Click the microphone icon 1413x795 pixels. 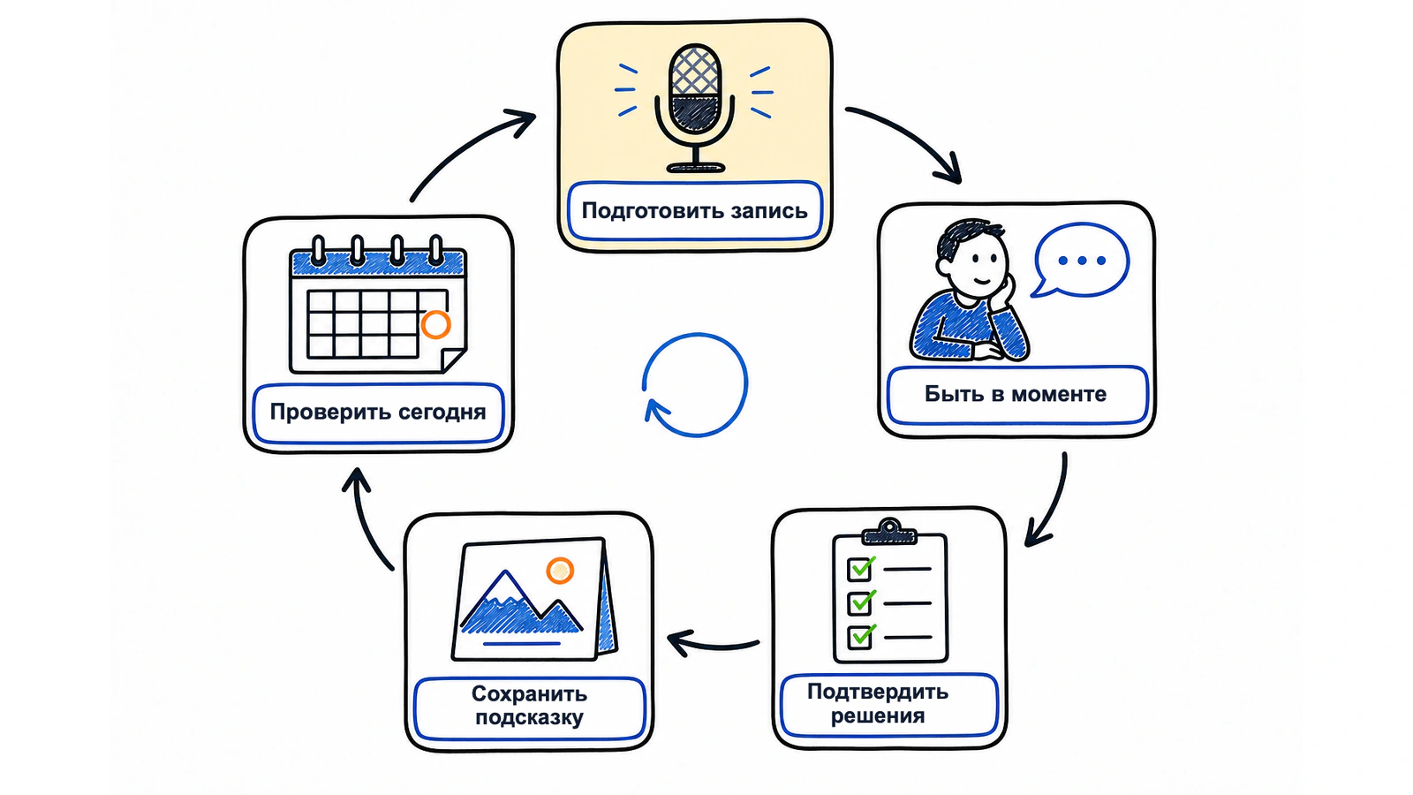[x=694, y=107]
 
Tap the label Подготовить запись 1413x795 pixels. [x=694, y=211]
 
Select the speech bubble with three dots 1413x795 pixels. [x=1081, y=260]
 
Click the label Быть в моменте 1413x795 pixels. [x=1016, y=394]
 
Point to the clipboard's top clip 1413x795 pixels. [x=889, y=531]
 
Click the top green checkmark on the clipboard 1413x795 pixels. [x=862, y=567]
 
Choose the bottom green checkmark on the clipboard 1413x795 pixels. [x=862, y=635]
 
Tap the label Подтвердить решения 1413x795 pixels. [x=878, y=703]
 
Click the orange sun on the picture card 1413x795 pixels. [x=560, y=571]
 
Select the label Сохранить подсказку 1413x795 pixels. [x=529, y=706]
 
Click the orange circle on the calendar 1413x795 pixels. [x=436, y=324]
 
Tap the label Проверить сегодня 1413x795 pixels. [x=378, y=412]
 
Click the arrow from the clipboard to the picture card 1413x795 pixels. [x=713, y=646]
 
